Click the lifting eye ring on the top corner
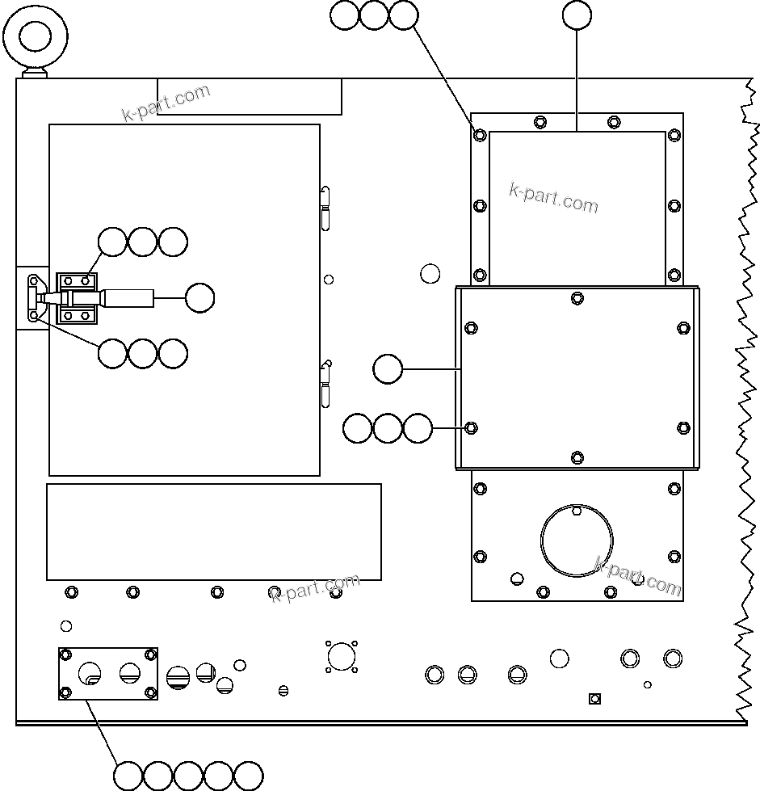(36, 36)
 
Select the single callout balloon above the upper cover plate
(577, 15)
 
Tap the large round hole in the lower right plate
(577, 539)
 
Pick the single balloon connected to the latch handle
(199, 298)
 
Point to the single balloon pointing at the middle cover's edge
(388, 369)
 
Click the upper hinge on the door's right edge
(325, 208)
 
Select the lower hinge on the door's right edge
(325, 384)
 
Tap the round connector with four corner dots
(342, 656)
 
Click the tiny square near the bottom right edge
(594, 698)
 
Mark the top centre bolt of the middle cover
(577, 298)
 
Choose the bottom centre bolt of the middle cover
(577, 458)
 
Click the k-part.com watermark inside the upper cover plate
(554, 197)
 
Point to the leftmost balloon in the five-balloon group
(128, 776)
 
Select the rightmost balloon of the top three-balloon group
(403, 15)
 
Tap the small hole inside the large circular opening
(576, 511)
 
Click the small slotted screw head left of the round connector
(283, 690)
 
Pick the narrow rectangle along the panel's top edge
(249, 97)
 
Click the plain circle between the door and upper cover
(430, 273)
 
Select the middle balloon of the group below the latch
(143, 353)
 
